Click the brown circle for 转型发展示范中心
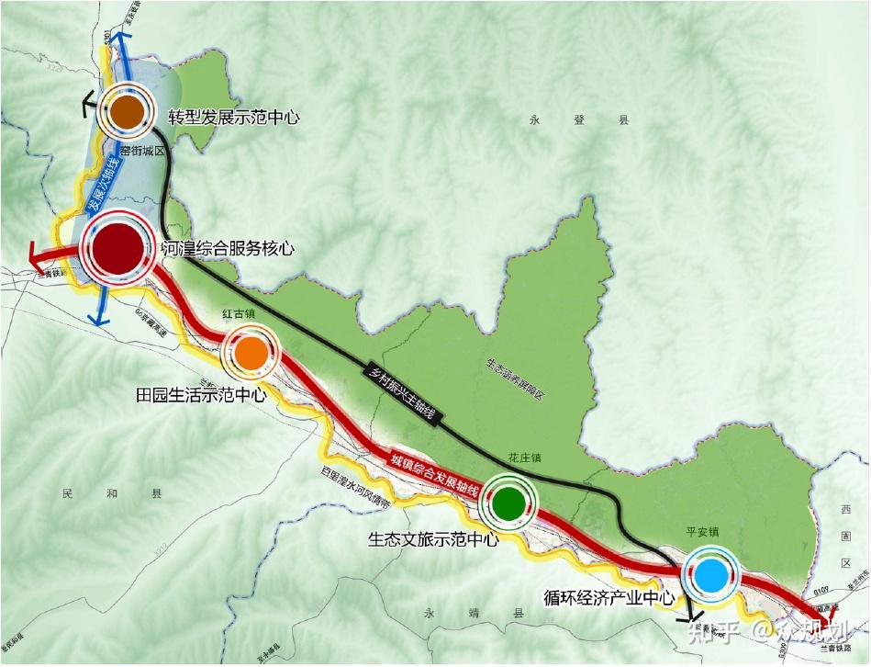pyautogui.click(x=127, y=112)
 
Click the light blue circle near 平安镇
pyautogui.click(x=709, y=575)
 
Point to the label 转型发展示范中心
pyautogui.click(x=234, y=118)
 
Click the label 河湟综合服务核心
pyautogui.click(x=227, y=248)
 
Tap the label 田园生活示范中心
pyautogui.click(x=198, y=396)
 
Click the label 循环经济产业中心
pyautogui.click(x=609, y=598)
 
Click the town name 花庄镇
pyautogui.click(x=525, y=457)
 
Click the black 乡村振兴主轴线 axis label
pyautogui.click(x=405, y=390)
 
